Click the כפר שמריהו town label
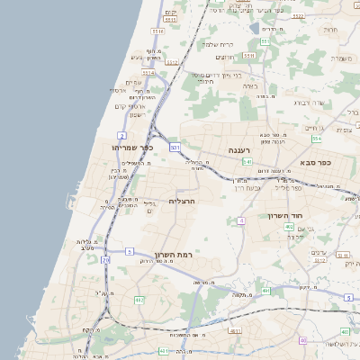(x=133, y=147)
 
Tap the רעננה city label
(x=239, y=149)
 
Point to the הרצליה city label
(x=181, y=202)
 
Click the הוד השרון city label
(x=285, y=215)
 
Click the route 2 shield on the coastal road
(x=121, y=134)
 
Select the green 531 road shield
(x=175, y=146)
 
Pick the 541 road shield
(x=247, y=162)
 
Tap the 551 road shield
(x=265, y=41)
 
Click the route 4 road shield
(x=242, y=220)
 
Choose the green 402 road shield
(x=289, y=227)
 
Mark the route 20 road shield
(x=105, y=260)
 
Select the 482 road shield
(x=139, y=299)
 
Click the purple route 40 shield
(x=302, y=339)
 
